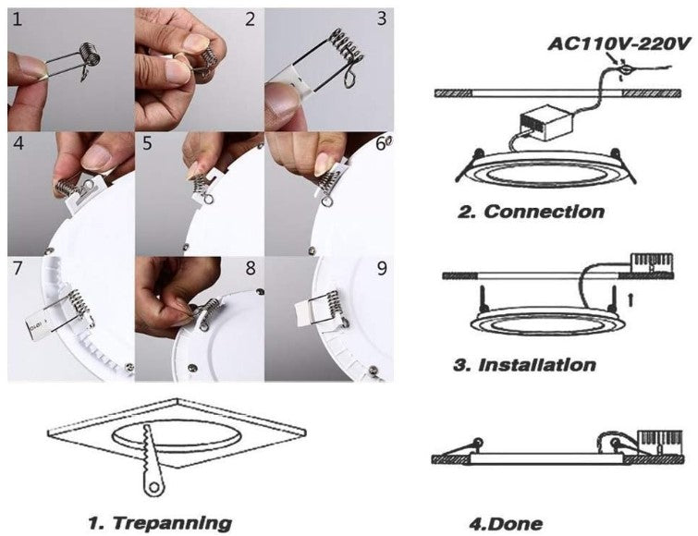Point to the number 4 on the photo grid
[x=18, y=144]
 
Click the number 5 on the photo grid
[x=148, y=144]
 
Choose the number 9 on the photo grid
[x=382, y=270]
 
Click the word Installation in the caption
[x=536, y=364]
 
